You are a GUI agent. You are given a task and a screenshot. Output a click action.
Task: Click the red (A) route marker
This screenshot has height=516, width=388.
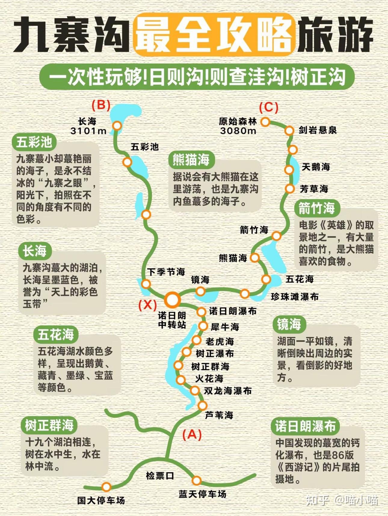[x=192, y=434]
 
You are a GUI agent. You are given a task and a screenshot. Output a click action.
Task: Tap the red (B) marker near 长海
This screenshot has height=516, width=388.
[x=101, y=105]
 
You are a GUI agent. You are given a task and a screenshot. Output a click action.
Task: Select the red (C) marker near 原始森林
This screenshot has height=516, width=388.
[x=269, y=107]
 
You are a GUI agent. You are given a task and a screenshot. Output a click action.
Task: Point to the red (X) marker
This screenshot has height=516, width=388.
[x=147, y=305]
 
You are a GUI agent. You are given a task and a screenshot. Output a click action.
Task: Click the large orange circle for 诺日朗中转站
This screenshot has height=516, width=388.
[x=172, y=300]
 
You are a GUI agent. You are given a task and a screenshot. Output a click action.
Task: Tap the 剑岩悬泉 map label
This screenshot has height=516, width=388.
[x=318, y=130]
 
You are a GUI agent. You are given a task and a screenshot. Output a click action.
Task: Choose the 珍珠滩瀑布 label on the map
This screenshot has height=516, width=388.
[x=294, y=297]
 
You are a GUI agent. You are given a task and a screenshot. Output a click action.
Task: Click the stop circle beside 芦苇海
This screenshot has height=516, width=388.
[x=202, y=406]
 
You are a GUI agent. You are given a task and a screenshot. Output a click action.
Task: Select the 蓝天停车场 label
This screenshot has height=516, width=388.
[x=202, y=494]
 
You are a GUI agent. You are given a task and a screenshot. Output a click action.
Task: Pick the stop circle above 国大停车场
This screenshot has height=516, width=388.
[x=106, y=487]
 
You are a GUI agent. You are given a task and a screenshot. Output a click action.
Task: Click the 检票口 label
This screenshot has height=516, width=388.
[x=160, y=476]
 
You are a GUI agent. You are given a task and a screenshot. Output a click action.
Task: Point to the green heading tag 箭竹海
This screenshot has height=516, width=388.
[x=316, y=208]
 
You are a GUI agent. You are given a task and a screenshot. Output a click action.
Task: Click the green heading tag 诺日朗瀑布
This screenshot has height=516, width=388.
[x=305, y=426]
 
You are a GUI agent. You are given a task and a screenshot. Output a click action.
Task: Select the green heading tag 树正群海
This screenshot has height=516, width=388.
[x=49, y=425]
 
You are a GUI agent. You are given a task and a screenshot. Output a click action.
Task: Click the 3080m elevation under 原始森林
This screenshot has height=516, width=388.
[x=238, y=131]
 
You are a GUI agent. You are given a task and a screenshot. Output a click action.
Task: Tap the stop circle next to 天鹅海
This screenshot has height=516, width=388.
[x=289, y=170]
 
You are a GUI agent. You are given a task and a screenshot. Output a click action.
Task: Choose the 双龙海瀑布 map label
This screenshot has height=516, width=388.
[x=228, y=391]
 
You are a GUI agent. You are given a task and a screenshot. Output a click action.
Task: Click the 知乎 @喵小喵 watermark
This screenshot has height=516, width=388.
[x=342, y=500]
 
